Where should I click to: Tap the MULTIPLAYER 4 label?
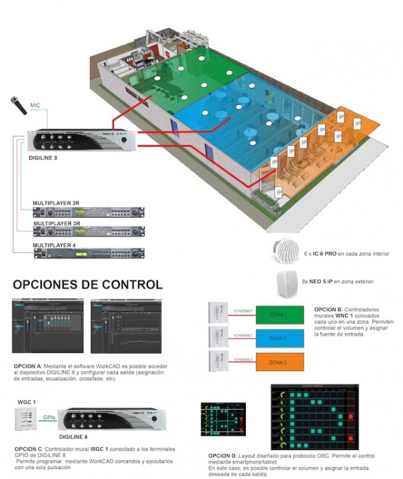pyautogui.click(x=55, y=246)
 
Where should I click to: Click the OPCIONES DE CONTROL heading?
pyautogui.click(x=87, y=284)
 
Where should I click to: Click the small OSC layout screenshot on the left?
pyautogui.click(x=226, y=422)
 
